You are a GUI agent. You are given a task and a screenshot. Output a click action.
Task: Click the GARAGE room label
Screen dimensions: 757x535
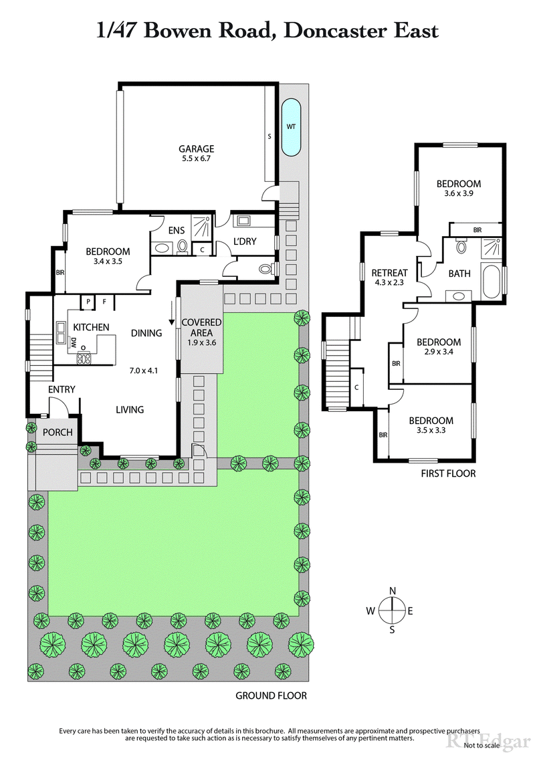196,148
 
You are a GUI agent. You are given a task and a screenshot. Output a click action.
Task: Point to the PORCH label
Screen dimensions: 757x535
58,432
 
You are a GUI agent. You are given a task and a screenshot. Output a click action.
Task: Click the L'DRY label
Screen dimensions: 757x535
244,241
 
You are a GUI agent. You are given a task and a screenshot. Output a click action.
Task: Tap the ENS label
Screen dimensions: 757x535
177,231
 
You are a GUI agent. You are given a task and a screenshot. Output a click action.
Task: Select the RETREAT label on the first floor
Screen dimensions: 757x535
389,272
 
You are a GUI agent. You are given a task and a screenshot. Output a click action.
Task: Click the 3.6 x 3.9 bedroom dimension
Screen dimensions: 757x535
459,195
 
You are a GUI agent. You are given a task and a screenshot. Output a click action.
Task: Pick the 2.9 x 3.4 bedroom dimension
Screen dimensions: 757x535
438,352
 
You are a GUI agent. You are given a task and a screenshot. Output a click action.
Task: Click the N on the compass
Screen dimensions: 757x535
393,590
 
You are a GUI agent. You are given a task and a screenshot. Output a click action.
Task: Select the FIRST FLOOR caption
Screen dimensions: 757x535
448,473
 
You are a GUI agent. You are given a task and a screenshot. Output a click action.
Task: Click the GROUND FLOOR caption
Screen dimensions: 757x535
271,695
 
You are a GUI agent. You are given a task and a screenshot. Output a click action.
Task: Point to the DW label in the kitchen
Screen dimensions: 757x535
73,342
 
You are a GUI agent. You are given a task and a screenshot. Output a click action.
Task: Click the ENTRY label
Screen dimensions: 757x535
62,389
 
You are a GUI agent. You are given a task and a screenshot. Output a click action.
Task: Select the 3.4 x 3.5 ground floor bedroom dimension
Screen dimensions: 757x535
108,262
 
